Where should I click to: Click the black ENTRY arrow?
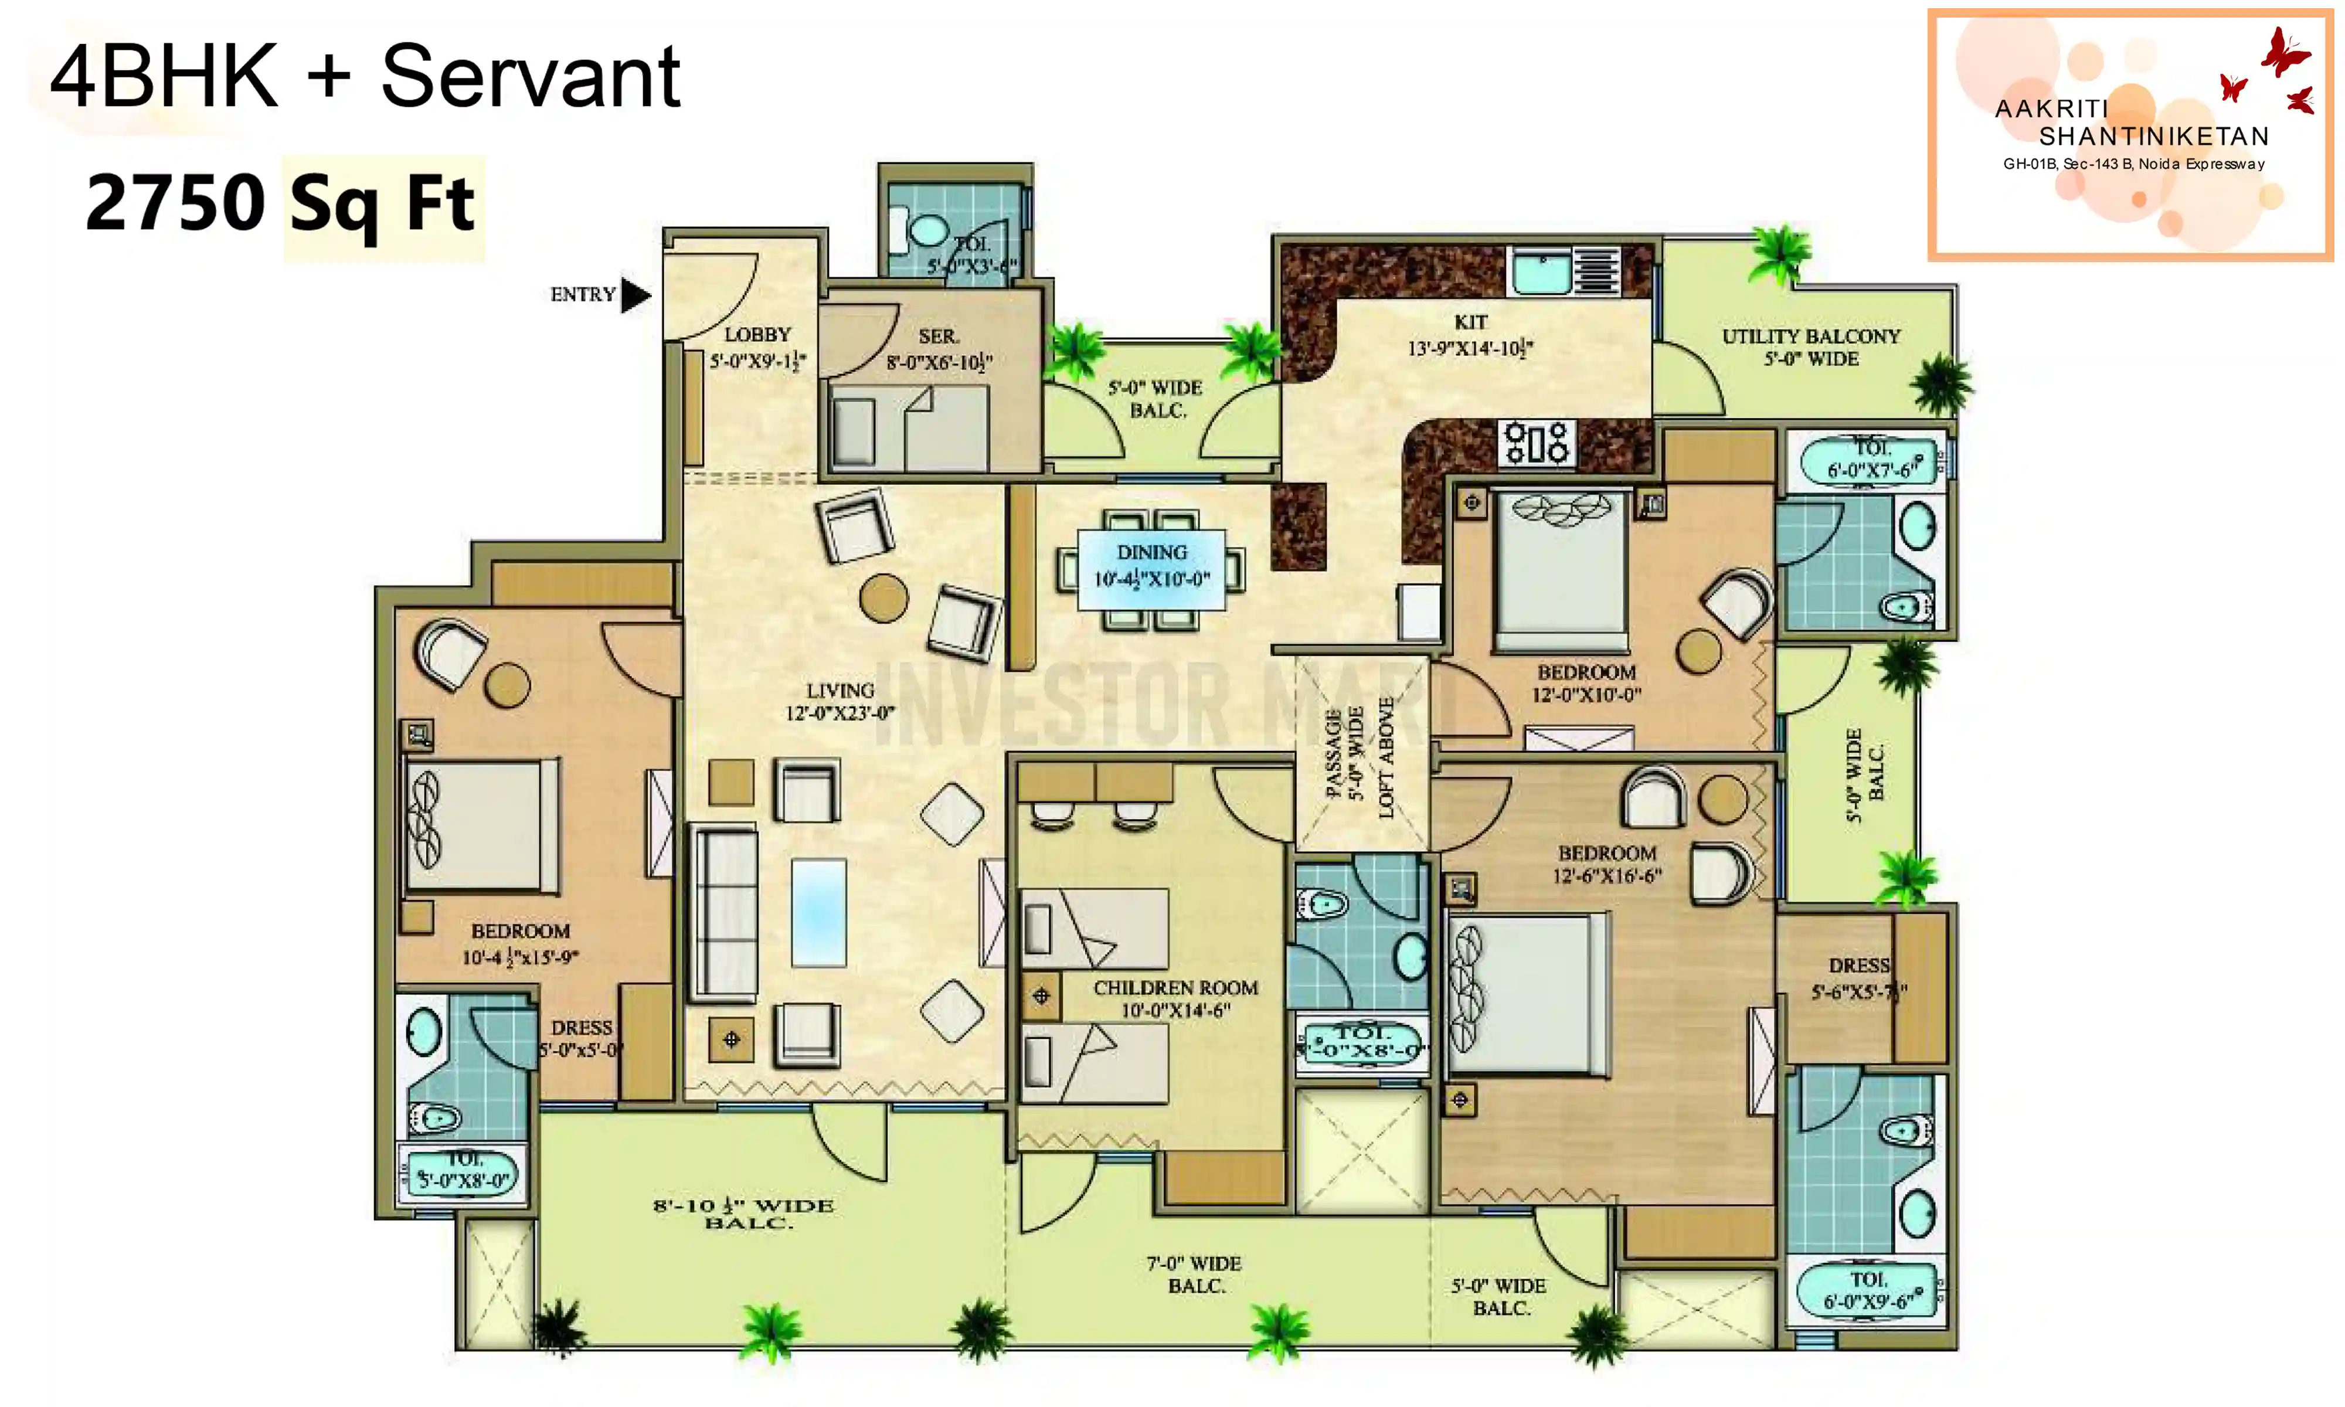click(635, 296)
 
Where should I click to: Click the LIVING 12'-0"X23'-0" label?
click(840, 702)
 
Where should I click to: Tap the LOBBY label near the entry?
click(757, 347)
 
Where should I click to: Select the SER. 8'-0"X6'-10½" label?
click(939, 349)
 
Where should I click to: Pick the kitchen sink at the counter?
click(1540, 272)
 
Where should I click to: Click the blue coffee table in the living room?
click(818, 912)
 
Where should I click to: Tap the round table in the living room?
click(883, 598)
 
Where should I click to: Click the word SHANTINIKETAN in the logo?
click(2153, 137)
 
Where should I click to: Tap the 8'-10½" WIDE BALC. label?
click(743, 1214)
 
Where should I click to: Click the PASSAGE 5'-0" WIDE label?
click(1344, 754)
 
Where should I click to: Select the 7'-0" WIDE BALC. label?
click(1194, 1275)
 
